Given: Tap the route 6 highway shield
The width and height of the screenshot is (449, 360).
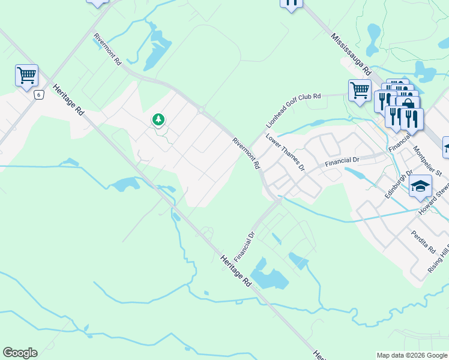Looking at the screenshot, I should click(39, 95).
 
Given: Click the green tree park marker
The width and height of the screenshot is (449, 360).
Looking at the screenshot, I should click(158, 119).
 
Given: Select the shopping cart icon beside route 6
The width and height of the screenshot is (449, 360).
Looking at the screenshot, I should click(26, 76).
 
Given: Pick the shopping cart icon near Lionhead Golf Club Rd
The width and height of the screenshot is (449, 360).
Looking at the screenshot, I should click(360, 91).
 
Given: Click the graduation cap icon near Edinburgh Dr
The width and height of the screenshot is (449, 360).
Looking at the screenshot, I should click(421, 185).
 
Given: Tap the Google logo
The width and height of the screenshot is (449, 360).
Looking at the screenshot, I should click(20, 353).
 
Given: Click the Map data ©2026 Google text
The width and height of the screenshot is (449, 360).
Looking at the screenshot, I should click(412, 355).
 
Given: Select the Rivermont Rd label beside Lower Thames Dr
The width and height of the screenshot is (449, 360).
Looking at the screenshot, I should click(247, 152).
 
